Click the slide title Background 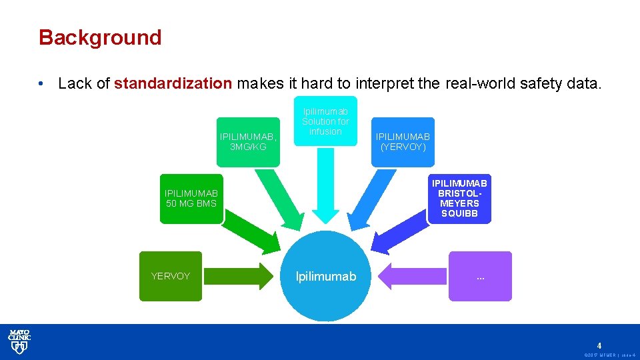click(x=100, y=37)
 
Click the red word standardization click(x=173, y=83)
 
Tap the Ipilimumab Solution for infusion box click(x=325, y=121)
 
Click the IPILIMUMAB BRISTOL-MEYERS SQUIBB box click(x=459, y=199)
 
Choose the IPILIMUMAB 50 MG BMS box click(x=191, y=199)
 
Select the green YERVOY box click(x=171, y=276)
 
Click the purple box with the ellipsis click(x=480, y=276)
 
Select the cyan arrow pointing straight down click(x=325, y=187)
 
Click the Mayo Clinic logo click(x=19, y=341)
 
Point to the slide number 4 click(x=599, y=345)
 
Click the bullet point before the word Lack click(x=41, y=84)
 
